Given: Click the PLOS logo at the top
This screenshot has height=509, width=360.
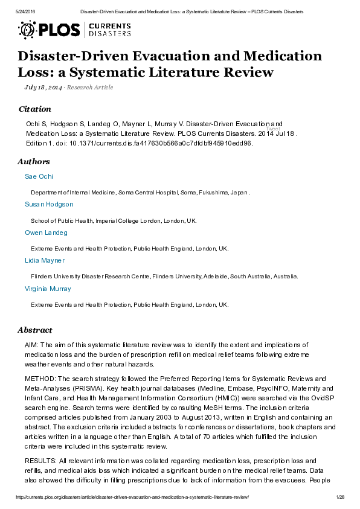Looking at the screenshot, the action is coord(52,29).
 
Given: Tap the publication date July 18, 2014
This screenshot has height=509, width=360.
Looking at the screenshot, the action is coord(43,88).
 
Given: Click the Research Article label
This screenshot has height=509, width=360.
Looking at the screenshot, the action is coord(90,88).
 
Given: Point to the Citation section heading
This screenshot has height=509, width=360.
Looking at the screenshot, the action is coord(35,109).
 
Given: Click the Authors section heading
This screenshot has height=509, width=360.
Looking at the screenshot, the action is coord(34,162).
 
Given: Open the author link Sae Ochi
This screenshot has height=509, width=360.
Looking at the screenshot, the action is coord(39,176).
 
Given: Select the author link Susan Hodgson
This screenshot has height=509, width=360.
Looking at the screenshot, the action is coord(49,205).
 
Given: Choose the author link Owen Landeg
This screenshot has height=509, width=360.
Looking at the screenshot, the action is coord(46,232).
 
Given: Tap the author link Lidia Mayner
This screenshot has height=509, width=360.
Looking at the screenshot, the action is coord(45,260).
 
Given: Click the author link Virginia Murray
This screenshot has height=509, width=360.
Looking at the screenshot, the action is coord(48,289).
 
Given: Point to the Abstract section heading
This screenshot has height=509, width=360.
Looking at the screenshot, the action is coord(35,330).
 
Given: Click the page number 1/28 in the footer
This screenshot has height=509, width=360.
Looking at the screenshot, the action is coord(339,496).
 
